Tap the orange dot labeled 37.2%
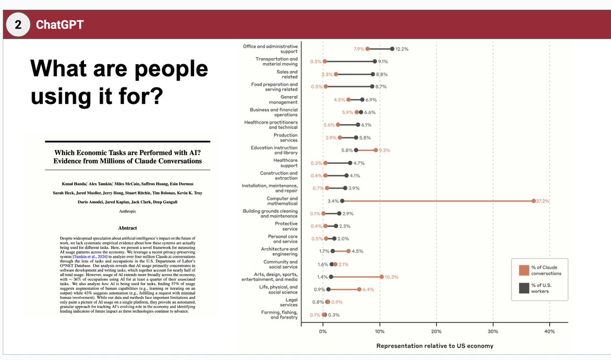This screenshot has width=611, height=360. click(533, 201)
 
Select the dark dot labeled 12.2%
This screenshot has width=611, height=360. click(392, 49)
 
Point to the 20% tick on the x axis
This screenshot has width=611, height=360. click(436, 331)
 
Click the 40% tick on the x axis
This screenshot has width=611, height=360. click(549, 331)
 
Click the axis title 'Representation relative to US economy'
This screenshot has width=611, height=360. click(434, 346)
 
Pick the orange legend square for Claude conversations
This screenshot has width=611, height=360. click(523, 270)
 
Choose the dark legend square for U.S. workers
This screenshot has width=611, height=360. click(523, 288)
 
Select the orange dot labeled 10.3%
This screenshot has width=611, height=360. click(381, 277)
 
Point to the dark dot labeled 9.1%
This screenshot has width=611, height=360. click(375, 61)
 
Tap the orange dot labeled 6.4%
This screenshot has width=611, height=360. click(359, 289)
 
